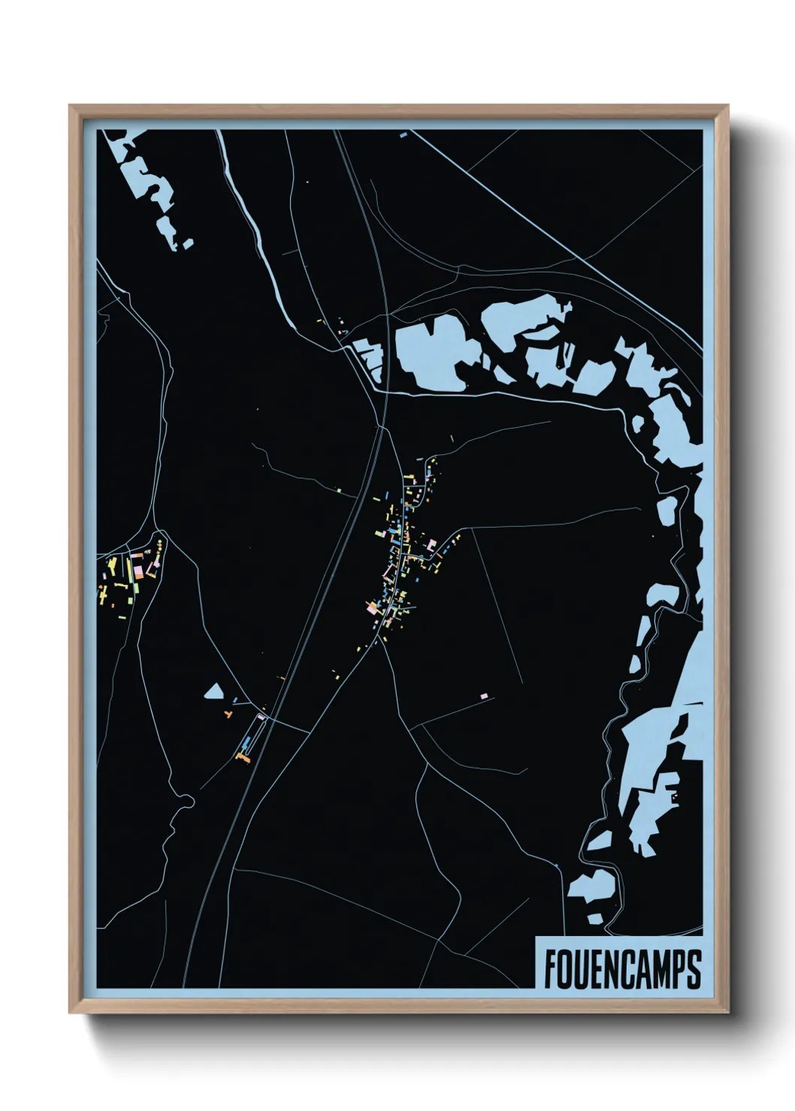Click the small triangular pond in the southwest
[x=215, y=691]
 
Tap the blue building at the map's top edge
[x=403, y=135]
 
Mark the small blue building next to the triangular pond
[x=235, y=700]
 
